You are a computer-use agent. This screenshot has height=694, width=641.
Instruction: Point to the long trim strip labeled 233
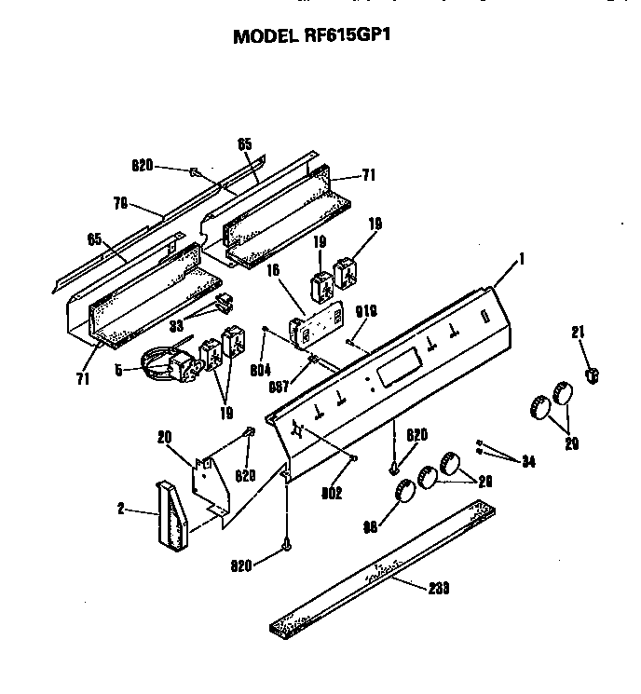coord(382,568)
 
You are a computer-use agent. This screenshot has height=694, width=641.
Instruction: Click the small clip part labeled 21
coord(589,374)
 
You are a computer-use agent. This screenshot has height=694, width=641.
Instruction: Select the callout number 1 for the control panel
coord(522,260)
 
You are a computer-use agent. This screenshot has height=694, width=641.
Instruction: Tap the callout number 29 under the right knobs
coord(572,444)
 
